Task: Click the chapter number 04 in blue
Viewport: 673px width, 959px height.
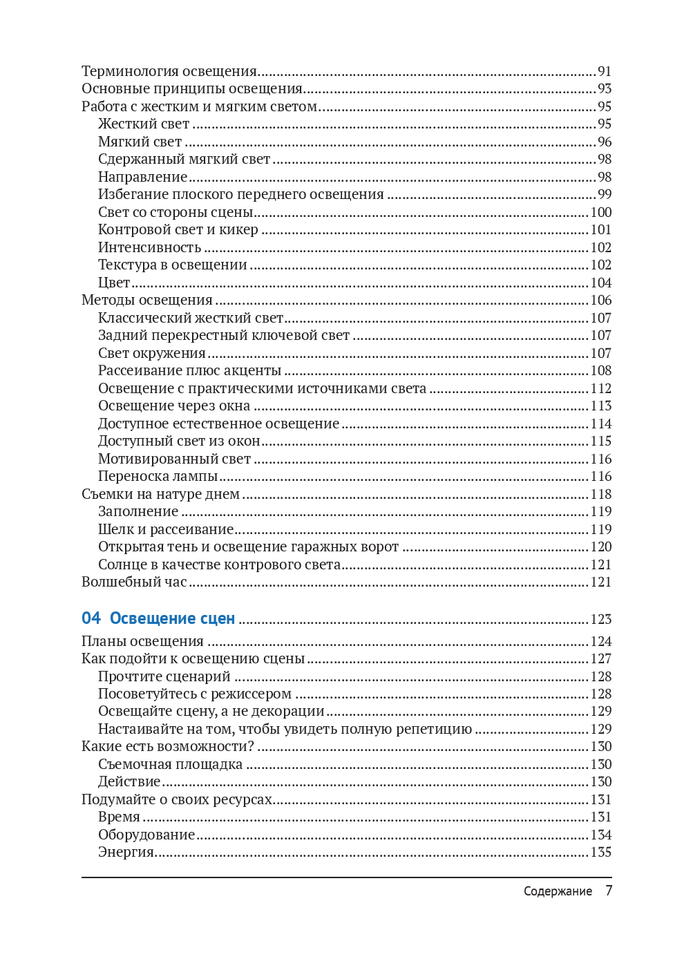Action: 91,618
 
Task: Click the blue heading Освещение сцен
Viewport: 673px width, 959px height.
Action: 172,618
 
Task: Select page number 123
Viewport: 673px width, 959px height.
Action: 600,619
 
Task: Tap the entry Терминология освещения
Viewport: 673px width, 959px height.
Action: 169,71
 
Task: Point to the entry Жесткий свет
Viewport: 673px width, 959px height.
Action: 143,124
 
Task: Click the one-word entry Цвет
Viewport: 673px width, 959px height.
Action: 114,283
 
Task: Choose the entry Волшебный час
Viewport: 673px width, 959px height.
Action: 134,582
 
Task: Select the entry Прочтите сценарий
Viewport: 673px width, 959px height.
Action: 164,676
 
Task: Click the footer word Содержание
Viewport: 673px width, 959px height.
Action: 558,891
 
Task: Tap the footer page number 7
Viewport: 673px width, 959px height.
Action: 609,891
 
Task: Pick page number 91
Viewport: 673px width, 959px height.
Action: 605,71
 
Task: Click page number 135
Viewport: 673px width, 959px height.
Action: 600,852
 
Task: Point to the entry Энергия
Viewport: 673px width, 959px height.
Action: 126,852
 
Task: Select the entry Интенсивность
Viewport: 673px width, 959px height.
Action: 149,247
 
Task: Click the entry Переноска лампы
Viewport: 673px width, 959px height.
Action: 158,476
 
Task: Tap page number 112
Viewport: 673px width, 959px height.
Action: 600,388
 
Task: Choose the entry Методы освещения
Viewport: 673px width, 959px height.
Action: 147,300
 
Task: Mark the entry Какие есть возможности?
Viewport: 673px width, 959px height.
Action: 168,746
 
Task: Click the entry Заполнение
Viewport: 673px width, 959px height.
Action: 138,511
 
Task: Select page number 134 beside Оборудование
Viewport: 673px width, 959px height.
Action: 600,835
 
